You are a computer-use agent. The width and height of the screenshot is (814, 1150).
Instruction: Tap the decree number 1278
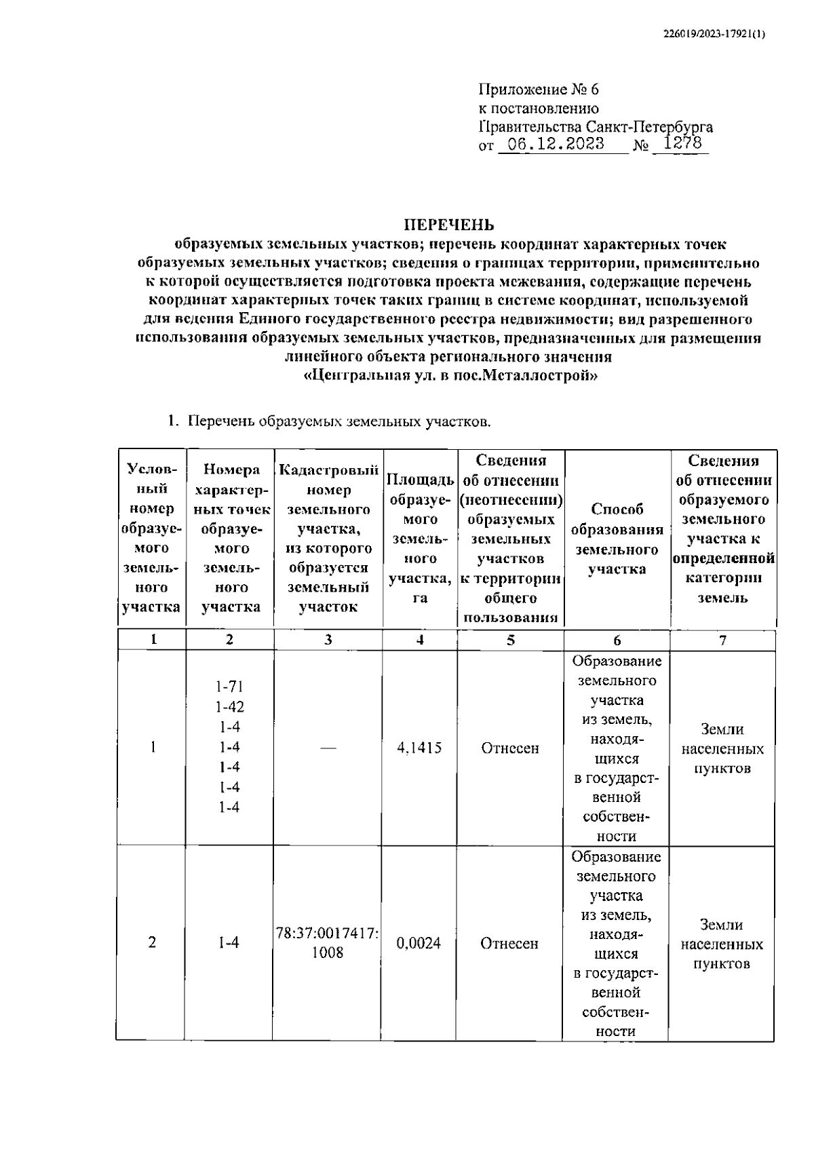682,144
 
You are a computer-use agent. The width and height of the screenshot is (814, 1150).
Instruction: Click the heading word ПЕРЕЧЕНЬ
449,225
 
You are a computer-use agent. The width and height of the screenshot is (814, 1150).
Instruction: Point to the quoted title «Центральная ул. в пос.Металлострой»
450,376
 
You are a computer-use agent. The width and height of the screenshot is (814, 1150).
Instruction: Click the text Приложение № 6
539,90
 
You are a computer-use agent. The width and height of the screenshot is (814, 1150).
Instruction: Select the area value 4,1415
419,748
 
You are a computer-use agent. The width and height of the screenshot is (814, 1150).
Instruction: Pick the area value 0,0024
419,943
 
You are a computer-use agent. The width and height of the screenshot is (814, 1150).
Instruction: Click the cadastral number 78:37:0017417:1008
328,943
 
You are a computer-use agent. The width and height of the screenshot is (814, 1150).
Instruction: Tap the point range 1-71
229,687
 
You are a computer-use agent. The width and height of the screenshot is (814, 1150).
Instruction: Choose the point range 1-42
229,707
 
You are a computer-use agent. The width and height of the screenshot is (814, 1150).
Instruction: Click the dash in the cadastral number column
328,748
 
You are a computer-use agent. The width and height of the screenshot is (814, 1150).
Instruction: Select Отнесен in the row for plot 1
510,748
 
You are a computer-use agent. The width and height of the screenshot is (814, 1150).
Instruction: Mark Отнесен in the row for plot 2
509,943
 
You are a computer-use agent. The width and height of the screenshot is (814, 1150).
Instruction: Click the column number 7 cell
722,640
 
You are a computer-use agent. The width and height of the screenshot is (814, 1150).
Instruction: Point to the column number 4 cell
420,640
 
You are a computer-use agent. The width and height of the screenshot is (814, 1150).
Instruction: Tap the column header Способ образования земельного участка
617,539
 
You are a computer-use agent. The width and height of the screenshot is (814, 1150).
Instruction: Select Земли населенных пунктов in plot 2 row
722,944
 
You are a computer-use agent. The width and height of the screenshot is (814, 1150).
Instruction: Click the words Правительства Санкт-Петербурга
596,127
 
